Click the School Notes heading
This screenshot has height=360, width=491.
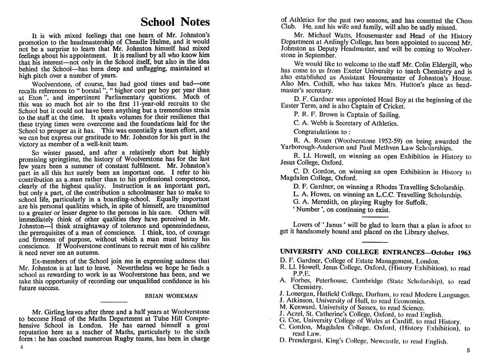point(175,22)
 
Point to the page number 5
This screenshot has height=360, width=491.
point(468,350)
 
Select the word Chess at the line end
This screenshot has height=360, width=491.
point(462,21)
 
